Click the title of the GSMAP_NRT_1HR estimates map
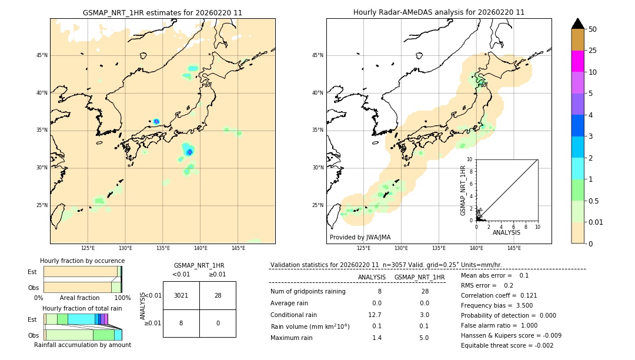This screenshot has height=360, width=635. point(162,12)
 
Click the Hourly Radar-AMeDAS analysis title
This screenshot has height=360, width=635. point(439,12)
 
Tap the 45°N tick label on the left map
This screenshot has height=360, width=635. point(42,55)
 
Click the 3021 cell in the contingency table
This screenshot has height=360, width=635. point(181,295)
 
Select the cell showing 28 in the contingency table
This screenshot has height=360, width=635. point(218,295)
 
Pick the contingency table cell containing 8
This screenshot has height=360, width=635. point(181,323)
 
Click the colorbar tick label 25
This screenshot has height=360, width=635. point(593,51)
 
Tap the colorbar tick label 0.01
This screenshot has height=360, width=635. point(596,222)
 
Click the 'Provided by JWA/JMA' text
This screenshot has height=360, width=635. point(360,237)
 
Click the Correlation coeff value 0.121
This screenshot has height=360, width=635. point(525,295)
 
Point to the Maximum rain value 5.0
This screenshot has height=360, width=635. point(424,338)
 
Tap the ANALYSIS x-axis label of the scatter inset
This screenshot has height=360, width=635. point(506,232)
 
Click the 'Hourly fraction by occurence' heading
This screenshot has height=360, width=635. point(82,261)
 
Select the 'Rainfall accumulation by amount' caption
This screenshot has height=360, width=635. point(82,345)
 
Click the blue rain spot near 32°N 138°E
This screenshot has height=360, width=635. point(189,152)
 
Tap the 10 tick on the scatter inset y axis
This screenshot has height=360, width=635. point(470,159)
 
